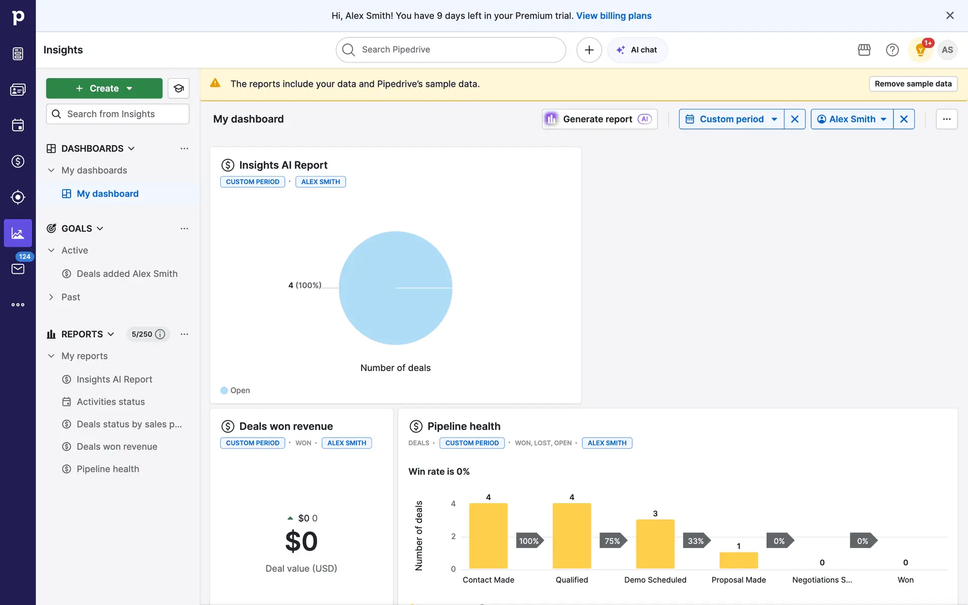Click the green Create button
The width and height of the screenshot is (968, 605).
tap(104, 88)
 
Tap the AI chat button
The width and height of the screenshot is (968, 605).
tap(637, 50)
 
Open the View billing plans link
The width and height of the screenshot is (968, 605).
tap(614, 16)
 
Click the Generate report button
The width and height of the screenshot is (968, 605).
tap(599, 119)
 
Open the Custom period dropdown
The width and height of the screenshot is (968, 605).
tap(731, 119)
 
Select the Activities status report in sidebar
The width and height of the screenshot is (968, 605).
tap(110, 402)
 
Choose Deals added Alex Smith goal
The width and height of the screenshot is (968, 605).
tap(127, 274)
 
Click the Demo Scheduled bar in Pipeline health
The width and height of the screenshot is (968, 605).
tap(655, 543)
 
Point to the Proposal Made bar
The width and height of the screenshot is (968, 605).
tap(738, 560)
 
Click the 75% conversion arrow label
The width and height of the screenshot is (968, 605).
tap(613, 541)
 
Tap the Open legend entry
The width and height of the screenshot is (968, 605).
tap(235, 390)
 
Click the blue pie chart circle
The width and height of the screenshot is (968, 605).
tap(395, 288)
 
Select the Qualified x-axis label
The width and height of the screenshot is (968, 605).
tap(572, 580)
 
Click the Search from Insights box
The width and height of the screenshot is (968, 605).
tap(117, 114)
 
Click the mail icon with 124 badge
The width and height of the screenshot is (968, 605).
tap(18, 268)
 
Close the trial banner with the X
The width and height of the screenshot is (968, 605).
tap(950, 16)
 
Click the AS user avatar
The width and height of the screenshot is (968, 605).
tap(947, 50)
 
